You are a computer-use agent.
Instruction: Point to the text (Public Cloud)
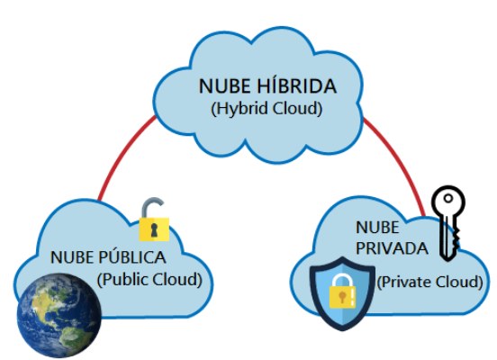(149, 280)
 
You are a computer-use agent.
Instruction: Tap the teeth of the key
(455, 240)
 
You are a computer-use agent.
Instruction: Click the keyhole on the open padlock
(155, 229)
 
